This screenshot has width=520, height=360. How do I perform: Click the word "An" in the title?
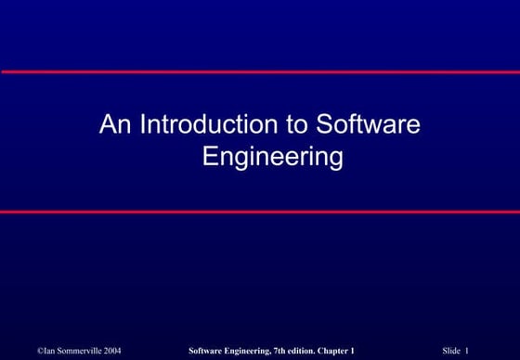tap(116, 124)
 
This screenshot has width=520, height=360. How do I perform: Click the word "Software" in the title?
tap(369, 124)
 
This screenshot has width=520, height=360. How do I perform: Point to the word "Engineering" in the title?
tap(273, 156)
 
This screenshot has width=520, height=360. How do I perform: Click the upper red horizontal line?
tap(260, 71)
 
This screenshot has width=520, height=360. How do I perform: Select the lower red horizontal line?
tap(260, 212)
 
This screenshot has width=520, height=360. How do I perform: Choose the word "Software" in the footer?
tap(205, 350)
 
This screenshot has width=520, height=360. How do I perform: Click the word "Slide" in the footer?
tap(452, 350)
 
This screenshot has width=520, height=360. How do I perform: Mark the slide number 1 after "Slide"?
tap(468, 350)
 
